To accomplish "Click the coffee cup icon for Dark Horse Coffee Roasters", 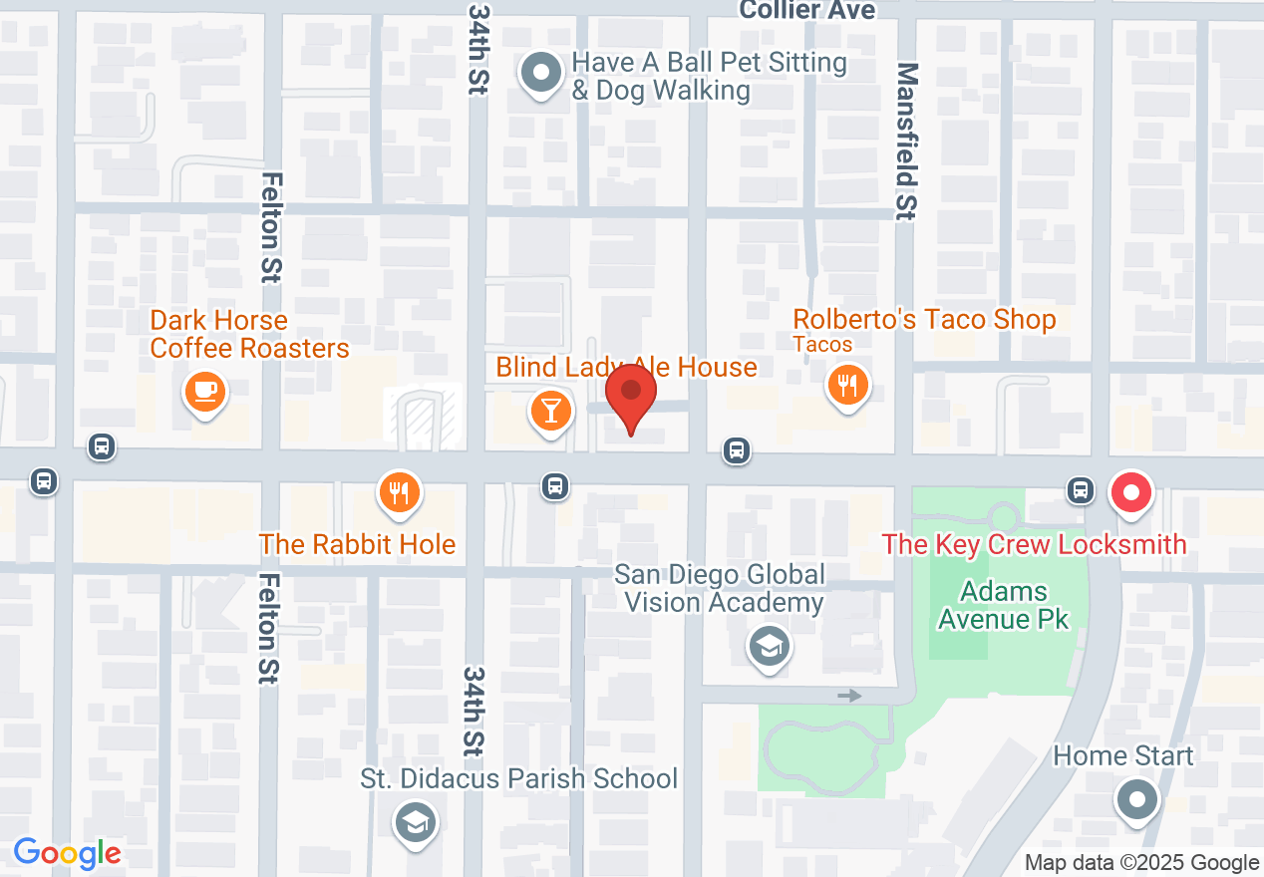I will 205,391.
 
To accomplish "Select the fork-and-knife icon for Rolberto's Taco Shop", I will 847,385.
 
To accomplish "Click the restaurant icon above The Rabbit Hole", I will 398,491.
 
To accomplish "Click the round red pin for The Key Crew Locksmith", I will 1131,492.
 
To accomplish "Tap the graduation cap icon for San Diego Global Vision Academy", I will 769,647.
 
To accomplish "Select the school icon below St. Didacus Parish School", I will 416,822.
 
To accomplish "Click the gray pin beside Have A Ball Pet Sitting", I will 541,74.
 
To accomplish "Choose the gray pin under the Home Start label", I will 1136,799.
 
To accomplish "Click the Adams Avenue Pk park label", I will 1003,605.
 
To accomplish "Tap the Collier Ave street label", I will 807,11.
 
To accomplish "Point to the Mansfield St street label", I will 906,142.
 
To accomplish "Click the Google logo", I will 67,854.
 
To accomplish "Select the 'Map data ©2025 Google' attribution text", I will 1141,863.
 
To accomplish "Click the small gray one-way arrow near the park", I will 849,696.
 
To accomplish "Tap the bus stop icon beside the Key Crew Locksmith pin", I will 1080,489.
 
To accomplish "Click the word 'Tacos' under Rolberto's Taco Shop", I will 822,345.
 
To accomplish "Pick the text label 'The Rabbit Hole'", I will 357,544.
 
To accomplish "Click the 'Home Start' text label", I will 1122,755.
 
